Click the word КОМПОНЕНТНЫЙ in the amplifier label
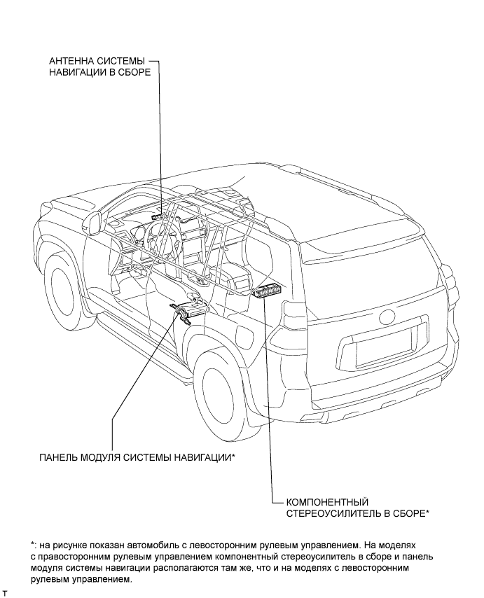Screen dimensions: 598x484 (x=326, y=502)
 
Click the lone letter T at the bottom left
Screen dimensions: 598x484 (x=5, y=593)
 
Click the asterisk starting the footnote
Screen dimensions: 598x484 (x=32, y=543)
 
